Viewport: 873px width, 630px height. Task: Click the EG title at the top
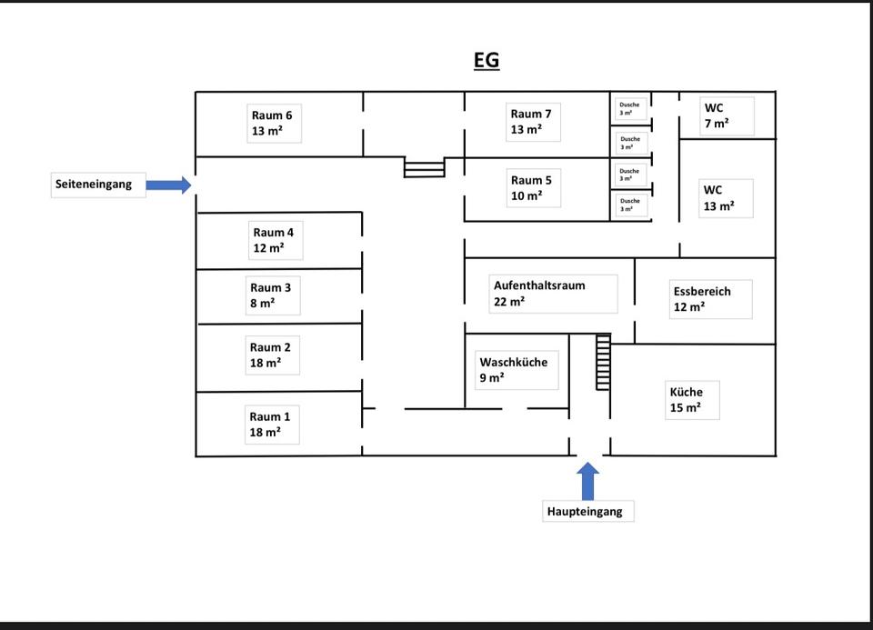[487, 61]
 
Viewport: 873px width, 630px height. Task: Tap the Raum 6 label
[273, 123]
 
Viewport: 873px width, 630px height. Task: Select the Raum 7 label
[532, 122]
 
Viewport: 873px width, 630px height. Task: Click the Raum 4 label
[274, 240]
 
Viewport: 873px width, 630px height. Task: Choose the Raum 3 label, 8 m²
[272, 295]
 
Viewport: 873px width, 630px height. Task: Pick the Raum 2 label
[271, 355]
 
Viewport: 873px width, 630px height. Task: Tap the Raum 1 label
[271, 425]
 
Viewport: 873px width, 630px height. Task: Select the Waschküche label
[515, 370]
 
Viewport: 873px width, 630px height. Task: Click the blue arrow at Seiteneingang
[168, 185]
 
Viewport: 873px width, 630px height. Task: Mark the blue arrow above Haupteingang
[588, 480]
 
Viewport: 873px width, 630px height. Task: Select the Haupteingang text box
[586, 511]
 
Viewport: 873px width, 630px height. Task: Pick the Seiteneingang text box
[95, 185]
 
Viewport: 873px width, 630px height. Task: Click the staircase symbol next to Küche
[603, 362]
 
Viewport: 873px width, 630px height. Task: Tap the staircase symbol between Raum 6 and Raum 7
[425, 168]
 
